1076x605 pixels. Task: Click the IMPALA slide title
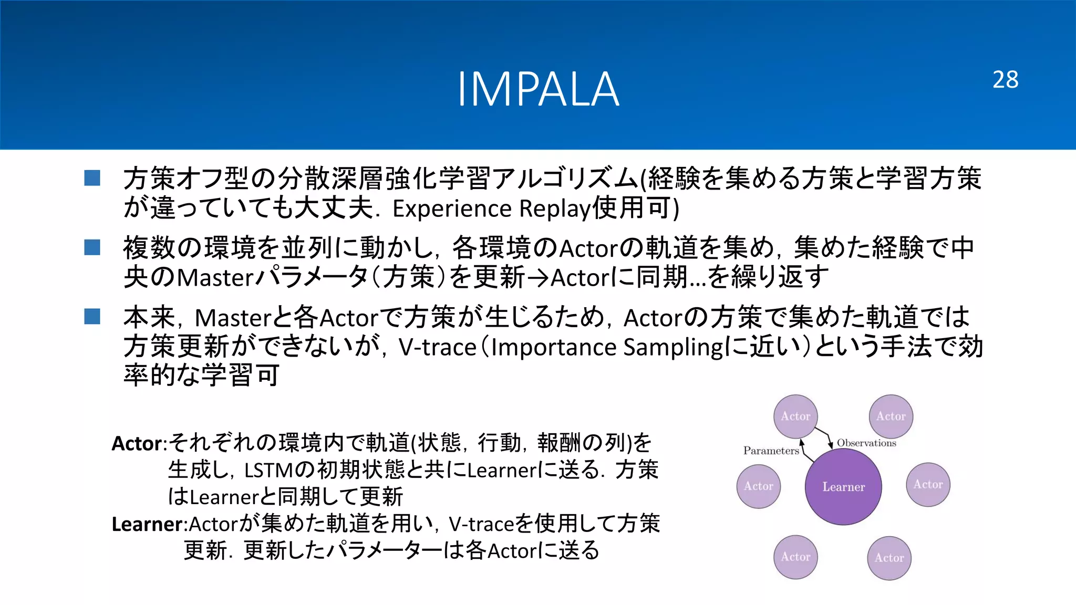tap(538, 89)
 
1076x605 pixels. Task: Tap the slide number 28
tap(1005, 80)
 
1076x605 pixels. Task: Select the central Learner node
tap(843, 486)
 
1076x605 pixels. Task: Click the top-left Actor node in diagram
tap(795, 416)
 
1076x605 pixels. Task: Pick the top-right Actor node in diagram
tap(891, 416)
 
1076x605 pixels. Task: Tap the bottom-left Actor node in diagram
tap(795, 557)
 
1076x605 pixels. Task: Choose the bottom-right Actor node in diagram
tap(889, 558)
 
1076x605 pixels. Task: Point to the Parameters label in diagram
tap(771, 451)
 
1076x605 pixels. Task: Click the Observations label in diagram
tap(866, 443)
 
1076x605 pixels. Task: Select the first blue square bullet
tap(92, 178)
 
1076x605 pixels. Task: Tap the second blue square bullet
tap(92, 247)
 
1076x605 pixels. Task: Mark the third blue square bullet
tap(92, 316)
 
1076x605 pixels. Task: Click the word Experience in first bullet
tap(452, 208)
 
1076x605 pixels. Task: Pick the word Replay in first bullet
tap(555, 208)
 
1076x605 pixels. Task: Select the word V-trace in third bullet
tap(437, 347)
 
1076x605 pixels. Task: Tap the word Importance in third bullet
tap(553, 347)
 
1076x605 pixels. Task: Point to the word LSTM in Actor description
tap(265, 470)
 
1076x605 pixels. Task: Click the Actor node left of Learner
tap(758, 486)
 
